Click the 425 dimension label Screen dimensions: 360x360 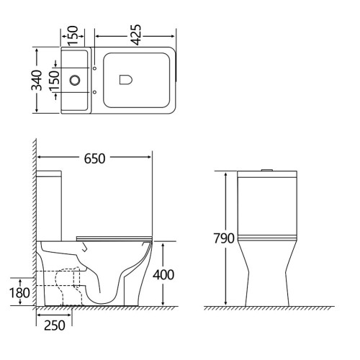pos(137,35)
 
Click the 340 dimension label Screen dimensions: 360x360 pos(37,80)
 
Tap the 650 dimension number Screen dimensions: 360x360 pos(94,158)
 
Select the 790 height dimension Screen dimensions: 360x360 pos(224,238)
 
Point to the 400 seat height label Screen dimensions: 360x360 pos(163,275)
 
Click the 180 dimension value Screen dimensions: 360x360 pos(19,293)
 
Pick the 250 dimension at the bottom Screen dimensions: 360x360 pos(55,325)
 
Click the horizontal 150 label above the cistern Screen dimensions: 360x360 pos(73,35)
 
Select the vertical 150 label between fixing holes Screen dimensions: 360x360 pos(54,81)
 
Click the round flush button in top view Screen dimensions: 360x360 pos(75,80)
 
